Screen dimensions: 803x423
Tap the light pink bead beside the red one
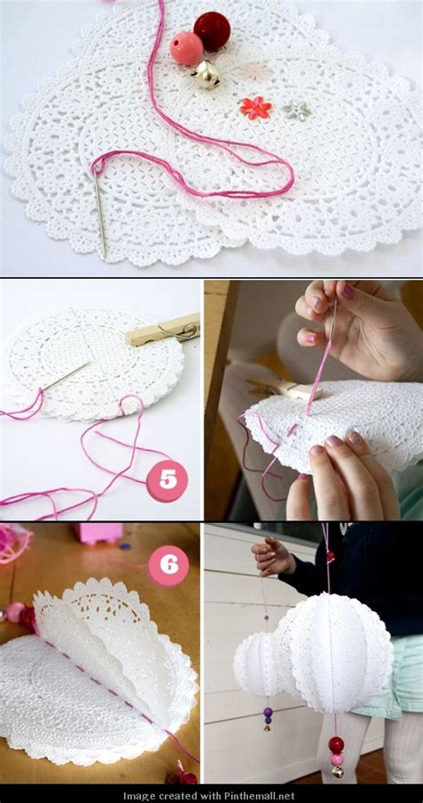pos(187,48)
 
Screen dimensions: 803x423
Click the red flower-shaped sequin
pos(255,108)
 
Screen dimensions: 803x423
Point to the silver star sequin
pos(298,111)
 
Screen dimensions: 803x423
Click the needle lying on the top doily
pos(98,209)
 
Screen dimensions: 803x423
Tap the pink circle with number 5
pos(167,480)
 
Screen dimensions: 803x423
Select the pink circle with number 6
pos(168,565)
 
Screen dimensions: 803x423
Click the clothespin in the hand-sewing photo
pos(286,389)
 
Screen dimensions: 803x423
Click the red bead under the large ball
pos(336,744)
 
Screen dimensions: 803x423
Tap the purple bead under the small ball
pos(267,713)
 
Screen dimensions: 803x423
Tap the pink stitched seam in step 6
pos(107,686)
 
